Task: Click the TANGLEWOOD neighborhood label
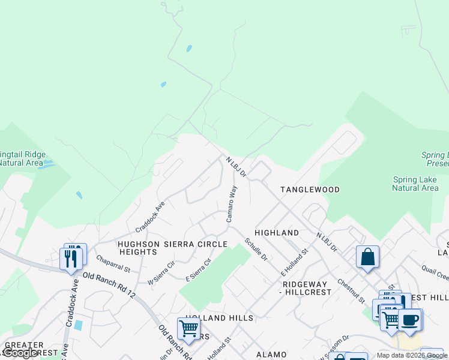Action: click(x=310, y=190)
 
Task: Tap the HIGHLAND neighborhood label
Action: click(x=276, y=233)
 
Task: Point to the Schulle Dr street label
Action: click(x=256, y=249)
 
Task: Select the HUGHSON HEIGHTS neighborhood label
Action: click(x=137, y=248)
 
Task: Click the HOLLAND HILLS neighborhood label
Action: click(x=219, y=317)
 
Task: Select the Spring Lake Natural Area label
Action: click(x=415, y=184)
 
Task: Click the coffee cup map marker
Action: click(x=410, y=319)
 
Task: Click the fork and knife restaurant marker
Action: click(x=71, y=258)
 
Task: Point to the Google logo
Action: click(x=20, y=353)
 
